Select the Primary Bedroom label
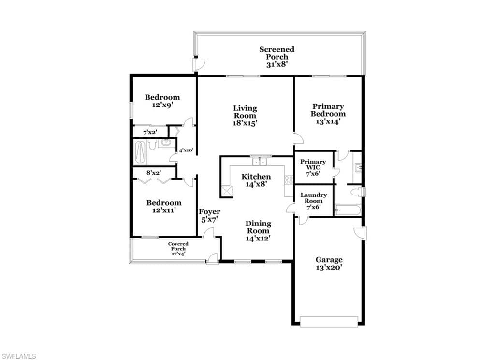(x=328, y=110)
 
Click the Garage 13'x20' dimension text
(x=329, y=268)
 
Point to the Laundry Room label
(x=313, y=198)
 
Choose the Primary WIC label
(x=313, y=165)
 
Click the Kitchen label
(x=256, y=176)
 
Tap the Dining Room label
(x=258, y=227)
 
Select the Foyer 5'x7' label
(x=209, y=215)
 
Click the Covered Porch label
(x=178, y=246)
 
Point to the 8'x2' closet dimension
(x=154, y=173)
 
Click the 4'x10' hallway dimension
(x=186, y=150)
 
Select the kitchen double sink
(x=260, y=162)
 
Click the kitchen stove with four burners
(x=289, y=180)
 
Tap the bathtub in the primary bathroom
(x=347, y=210)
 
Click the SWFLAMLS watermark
(x=18, y=356)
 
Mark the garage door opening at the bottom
(x=329, y=321)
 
